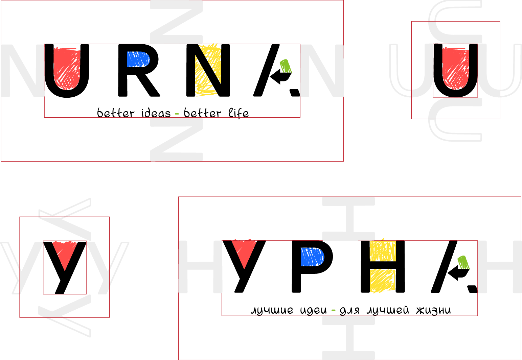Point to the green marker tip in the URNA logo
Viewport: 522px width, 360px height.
pos(286,66)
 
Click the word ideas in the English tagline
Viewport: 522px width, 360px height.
pos(156,113)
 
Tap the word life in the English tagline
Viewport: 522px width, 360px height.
pos(239,113)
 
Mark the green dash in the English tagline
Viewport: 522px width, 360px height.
pos(177,114)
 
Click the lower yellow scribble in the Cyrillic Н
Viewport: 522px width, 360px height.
pos(383,281)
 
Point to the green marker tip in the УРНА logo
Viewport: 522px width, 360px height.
pos(463,262)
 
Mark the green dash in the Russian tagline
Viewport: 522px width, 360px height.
pos(333,310)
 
